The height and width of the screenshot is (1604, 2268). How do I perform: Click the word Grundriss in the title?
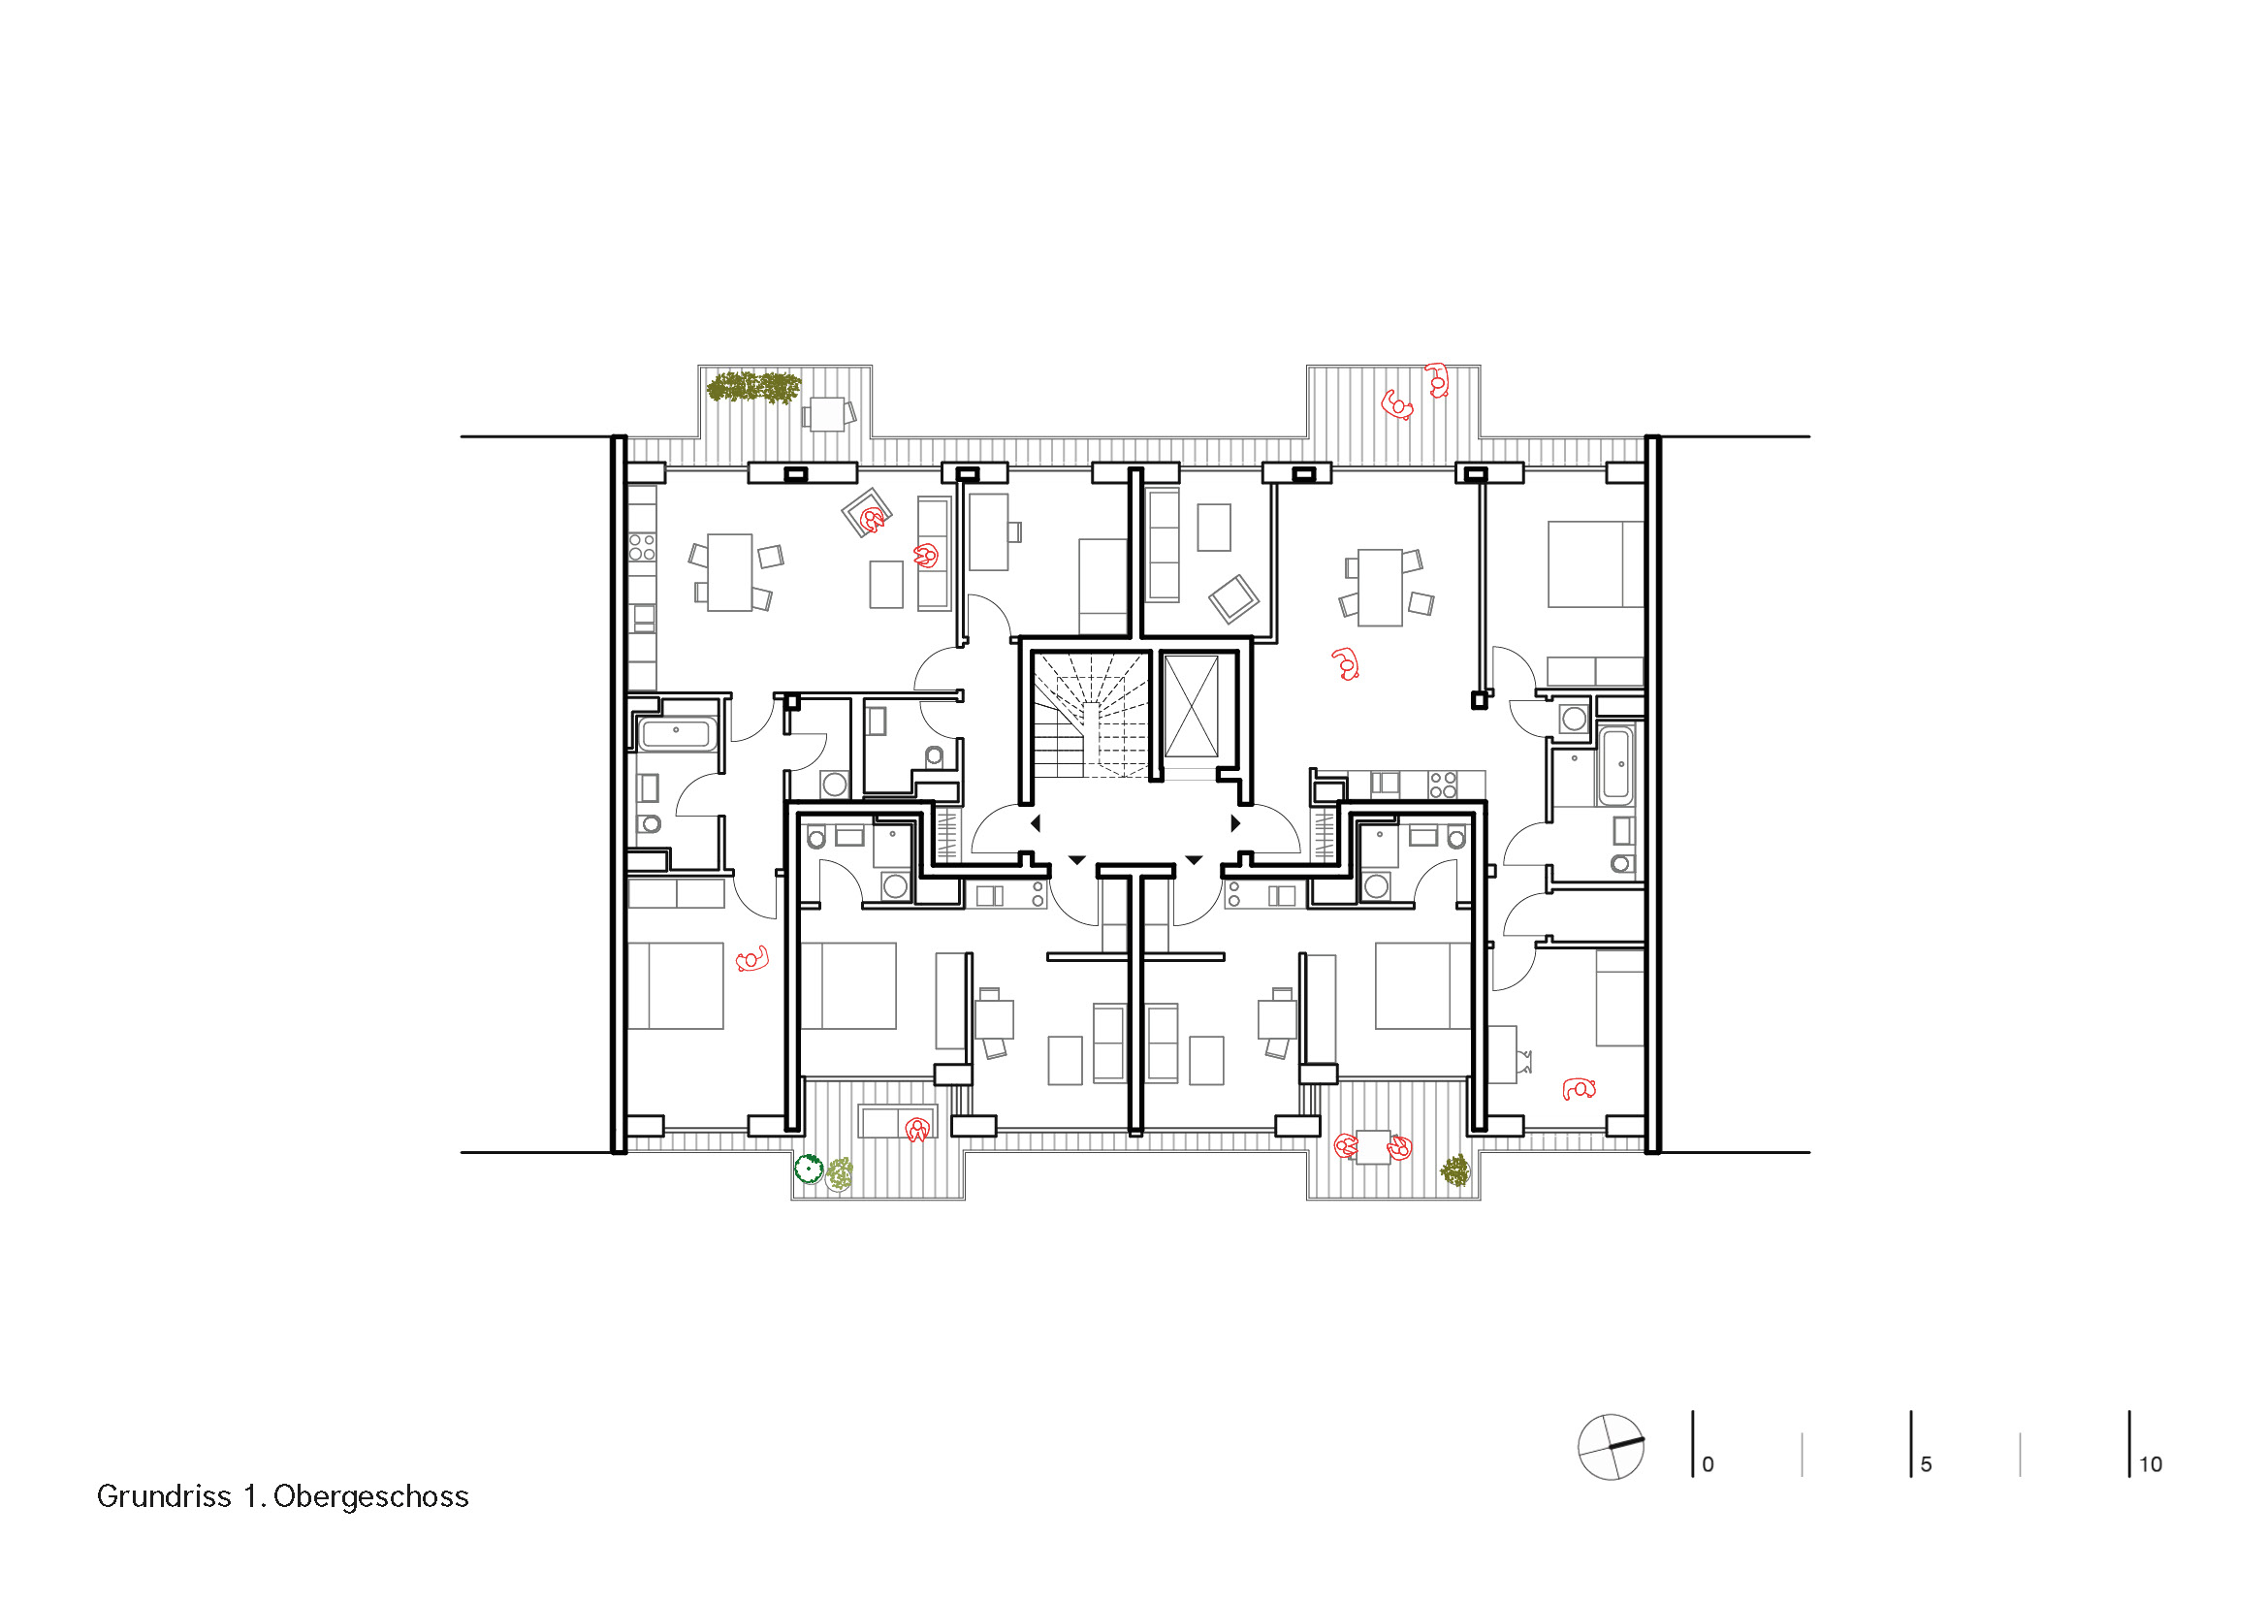point(164,1497)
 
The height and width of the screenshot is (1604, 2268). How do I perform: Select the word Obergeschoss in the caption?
point(371,1497)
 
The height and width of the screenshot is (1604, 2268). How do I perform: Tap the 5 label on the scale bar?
point(1927,1464)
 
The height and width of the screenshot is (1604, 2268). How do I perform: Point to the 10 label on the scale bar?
point(2151,1464)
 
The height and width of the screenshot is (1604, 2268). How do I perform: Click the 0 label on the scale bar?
point(1708,1464)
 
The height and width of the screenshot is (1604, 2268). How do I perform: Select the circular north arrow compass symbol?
point(1612,1447)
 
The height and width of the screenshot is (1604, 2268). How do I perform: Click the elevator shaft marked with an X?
point(1192,706)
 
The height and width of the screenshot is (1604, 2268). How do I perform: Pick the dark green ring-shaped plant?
point(809,1170)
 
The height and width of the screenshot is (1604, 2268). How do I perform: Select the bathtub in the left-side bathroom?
point(677,734)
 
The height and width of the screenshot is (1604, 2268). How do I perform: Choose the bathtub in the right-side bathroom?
point(1617,765)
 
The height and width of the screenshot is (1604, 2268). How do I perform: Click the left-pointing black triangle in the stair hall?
point(1036,822)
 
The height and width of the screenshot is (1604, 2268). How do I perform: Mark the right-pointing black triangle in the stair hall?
point(1235,822)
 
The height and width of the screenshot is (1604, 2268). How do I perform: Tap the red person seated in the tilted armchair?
point(873,519)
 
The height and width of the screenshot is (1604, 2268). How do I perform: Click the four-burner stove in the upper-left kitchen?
point(642,547)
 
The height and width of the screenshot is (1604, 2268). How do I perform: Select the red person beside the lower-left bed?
point(752,959)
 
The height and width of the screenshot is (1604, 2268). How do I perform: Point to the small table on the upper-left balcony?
point(827,413)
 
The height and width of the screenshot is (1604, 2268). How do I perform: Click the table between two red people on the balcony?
point(1373,1147)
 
